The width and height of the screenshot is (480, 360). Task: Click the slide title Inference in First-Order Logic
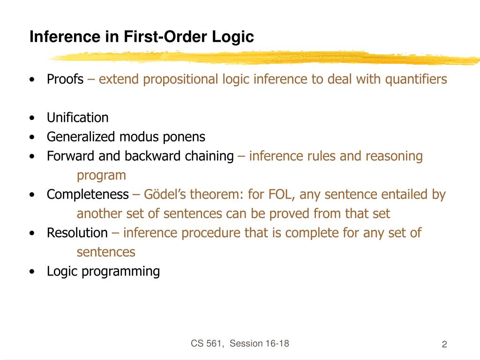(142, 37)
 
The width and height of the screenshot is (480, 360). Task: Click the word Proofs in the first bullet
(65, 79)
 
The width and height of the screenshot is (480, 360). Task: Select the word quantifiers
(416, 79)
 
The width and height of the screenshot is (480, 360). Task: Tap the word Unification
(77, 118)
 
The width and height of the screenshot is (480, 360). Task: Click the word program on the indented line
(101, 175)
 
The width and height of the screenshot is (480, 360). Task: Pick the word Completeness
(88, 195)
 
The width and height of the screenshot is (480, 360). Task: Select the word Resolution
(77, 233)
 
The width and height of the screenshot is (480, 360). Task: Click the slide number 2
(444, 345)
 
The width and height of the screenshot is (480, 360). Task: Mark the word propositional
(181, 79)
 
